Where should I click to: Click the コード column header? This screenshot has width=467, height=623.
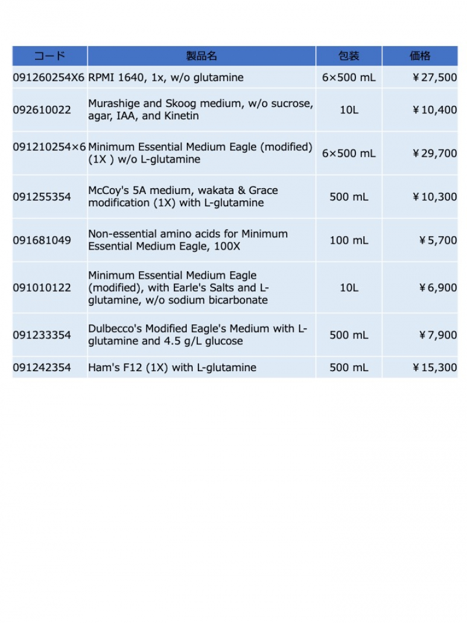50,56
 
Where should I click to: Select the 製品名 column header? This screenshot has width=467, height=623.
201,56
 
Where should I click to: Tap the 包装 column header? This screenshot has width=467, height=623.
349,56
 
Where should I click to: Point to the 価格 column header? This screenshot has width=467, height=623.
420,56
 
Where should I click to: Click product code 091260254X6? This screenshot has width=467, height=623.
49,77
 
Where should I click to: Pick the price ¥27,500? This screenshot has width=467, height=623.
434,77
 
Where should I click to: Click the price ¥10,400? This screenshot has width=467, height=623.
434,110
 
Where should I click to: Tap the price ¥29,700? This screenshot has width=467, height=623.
434,153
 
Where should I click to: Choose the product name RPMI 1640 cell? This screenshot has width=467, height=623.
166,77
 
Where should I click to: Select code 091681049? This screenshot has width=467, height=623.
41,240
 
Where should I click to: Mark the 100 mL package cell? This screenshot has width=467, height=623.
349,240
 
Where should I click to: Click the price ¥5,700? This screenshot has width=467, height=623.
438,240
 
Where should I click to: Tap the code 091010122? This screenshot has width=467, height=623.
41,288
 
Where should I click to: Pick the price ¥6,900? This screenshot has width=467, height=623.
438,288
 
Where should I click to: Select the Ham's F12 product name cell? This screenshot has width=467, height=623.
172,368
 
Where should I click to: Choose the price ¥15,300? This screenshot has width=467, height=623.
434,368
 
